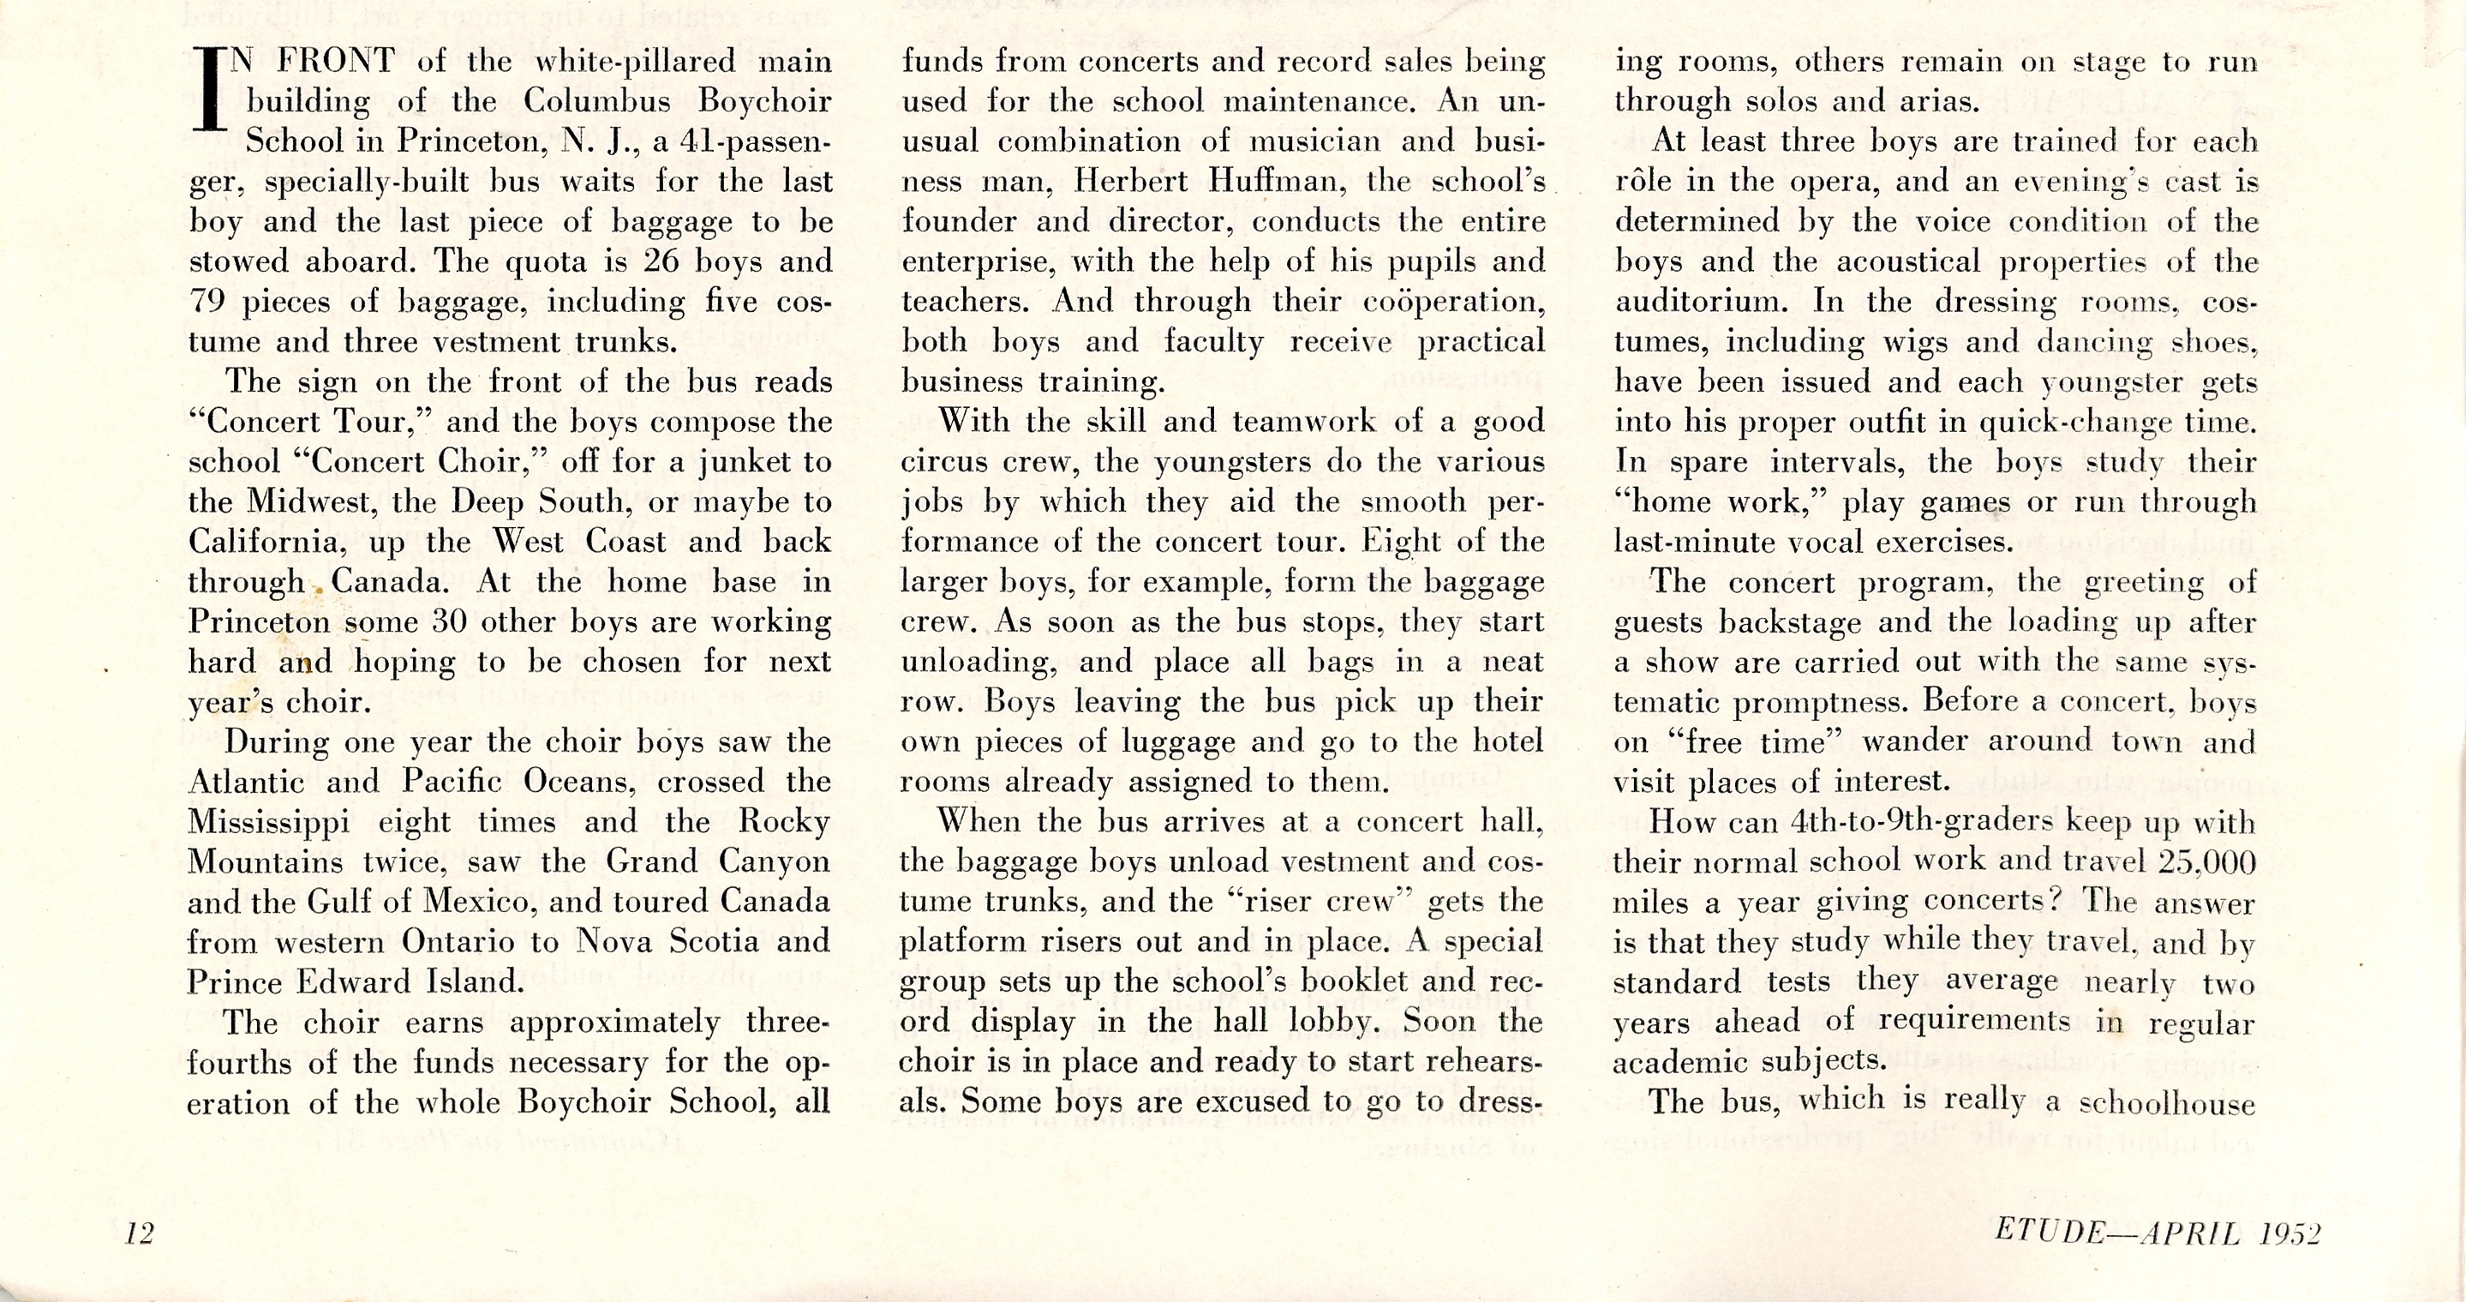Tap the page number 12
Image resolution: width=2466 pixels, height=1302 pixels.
(140, 1233)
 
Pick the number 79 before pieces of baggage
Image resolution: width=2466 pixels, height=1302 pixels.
(206, 302)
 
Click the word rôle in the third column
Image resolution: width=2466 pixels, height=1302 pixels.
(1643, 181)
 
